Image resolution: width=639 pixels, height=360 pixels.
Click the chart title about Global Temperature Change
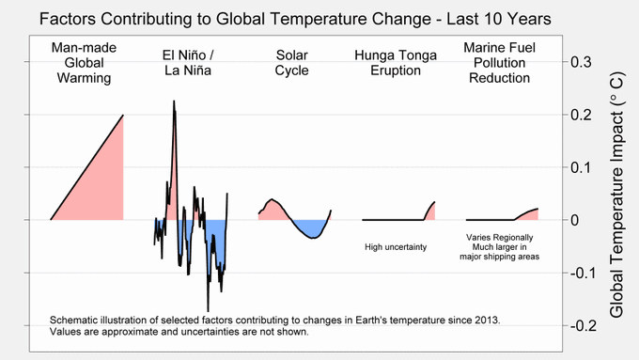(x=295, y=19)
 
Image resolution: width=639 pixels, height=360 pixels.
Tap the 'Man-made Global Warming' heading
(x=84, y=63)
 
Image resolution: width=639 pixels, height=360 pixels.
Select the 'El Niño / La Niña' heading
(x=188, y=63)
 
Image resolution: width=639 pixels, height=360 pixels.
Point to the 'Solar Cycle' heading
(x=291, y=63)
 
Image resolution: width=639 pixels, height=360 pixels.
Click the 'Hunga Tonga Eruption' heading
(x=396, y=63)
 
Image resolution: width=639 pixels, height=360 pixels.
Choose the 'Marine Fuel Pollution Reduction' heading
(x=499, y=63)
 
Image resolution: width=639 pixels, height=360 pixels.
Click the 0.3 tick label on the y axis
(x=581, y=62)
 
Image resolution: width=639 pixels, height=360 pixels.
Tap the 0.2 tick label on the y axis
(x=581, y=115)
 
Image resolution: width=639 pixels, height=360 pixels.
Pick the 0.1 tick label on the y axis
(x=581, y=167)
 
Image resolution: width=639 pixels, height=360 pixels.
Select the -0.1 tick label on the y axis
(x=583, y=273)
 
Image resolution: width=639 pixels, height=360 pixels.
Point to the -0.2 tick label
(x=583, y=325)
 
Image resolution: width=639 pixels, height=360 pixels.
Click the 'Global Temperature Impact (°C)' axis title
(x=616, y=195)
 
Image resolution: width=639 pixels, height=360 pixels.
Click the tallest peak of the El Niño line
(x=174, y=101)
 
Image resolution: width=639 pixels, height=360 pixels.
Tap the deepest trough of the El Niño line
(x=208, y=311)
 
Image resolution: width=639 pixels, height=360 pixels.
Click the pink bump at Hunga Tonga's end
(x=430, y=212)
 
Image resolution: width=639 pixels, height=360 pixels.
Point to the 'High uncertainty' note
(x=396, y=247)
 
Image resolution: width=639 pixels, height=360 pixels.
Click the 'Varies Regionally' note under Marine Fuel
(x=499, y=237)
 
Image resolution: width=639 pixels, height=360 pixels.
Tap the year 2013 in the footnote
(x=486, y=320)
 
